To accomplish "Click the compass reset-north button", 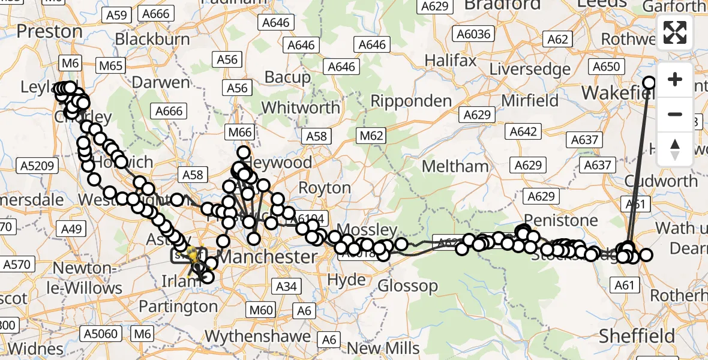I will coord(675,149).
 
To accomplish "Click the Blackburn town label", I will coord(152,39).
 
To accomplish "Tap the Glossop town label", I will coord(408,286).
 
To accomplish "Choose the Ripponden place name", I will coord(411,101).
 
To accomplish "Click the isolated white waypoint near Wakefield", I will coord(649,83).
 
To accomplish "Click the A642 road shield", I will coord(523,131).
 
